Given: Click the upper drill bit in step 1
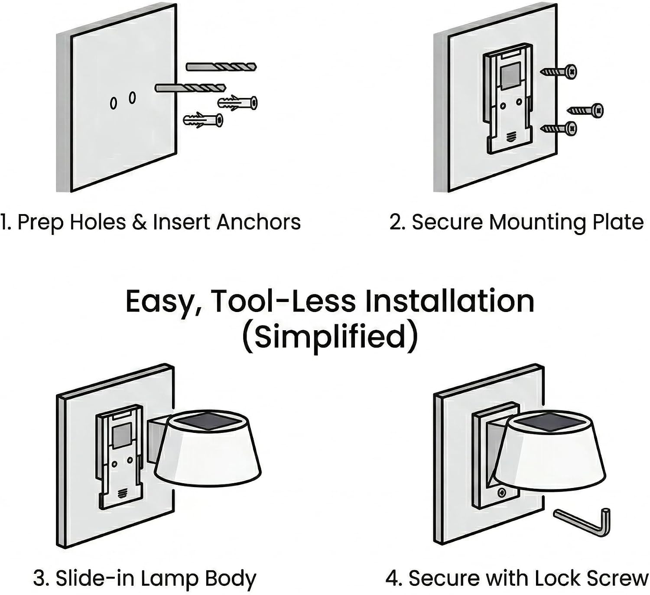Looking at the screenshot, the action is click(221, 67).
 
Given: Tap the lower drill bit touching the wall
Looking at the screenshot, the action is click(191, 88).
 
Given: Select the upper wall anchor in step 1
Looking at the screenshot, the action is click(237, 103).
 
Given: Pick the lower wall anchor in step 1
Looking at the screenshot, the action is click(203, 120).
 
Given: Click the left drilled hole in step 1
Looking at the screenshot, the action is click(113, 103).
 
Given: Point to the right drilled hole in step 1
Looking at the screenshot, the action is click(132, 97).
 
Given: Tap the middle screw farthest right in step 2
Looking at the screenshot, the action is click(585, 111).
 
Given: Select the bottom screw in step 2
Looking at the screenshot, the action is click(559, 128).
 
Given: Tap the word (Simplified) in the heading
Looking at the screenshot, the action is click(330, 337).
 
